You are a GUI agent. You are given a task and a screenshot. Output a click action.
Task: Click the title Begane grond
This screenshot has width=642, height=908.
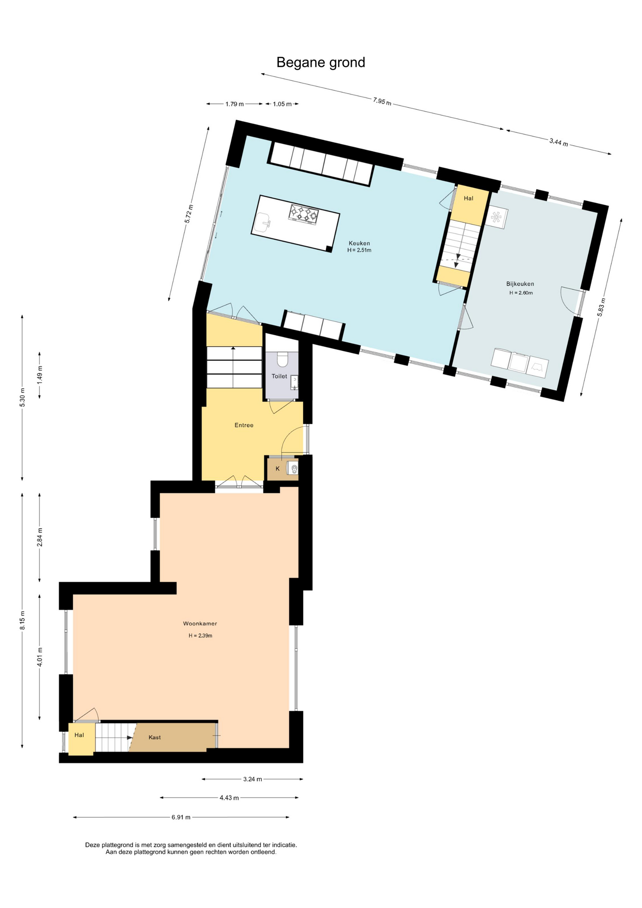(x=321, y=62)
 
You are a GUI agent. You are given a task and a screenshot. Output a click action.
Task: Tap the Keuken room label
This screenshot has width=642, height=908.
(x=359, y=244)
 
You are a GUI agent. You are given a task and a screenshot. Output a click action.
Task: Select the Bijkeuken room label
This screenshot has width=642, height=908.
(x=520, y=284)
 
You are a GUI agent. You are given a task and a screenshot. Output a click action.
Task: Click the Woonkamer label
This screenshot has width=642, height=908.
(x=200, y=624)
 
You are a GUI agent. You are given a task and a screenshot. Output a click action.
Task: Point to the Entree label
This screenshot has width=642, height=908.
(x=244, y=425)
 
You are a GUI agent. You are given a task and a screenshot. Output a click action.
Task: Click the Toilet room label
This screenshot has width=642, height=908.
(x=279, y=376)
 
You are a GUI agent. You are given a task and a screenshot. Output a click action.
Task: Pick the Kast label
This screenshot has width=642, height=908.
(x=155, y=737)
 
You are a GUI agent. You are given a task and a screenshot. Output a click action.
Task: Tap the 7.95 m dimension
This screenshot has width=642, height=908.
(x=382, y=101)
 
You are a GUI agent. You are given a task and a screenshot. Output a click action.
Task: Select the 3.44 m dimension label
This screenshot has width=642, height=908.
(x=558, y=142)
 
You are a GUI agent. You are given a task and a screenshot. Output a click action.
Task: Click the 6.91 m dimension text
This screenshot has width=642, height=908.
(x=181, y=817)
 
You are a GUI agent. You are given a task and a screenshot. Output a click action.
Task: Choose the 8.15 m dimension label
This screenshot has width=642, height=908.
(x=22, y=620)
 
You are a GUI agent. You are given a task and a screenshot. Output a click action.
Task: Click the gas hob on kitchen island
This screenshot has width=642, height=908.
(x=303, y=214)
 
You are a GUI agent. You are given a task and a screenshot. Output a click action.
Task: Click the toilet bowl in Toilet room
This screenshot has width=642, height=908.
(x=282, y=359)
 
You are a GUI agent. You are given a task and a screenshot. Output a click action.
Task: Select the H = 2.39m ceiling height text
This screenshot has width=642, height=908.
(x=200, y=636)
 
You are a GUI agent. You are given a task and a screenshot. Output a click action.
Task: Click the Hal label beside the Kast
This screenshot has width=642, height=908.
(x=79, y=735)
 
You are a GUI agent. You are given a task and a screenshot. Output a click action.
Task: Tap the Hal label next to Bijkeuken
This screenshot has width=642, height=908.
(x=468, y=198)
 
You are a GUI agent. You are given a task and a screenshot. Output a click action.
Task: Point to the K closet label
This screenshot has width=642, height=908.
(x=278, y=469)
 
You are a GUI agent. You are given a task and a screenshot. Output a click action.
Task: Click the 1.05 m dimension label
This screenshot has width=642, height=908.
(x=282, y=104)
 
